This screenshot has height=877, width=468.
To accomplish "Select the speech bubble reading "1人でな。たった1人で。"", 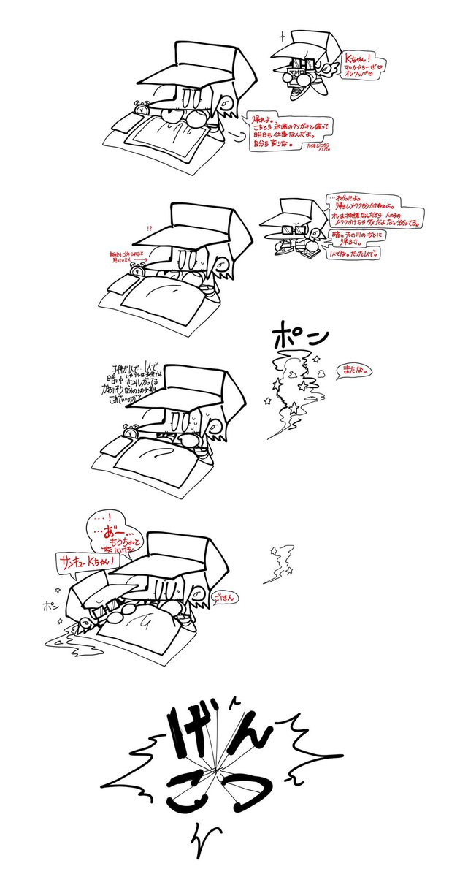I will [356, 253].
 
